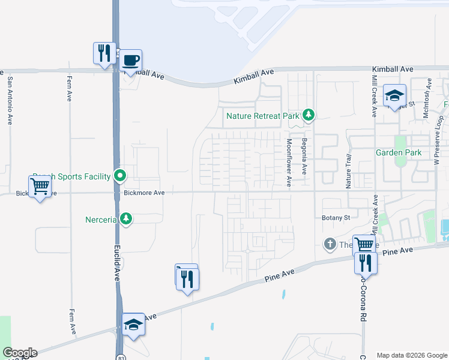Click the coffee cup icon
click(131, 60)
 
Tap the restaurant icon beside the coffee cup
click(104, 52)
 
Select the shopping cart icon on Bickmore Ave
click(40, 186)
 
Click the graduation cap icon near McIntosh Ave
click(395, 95)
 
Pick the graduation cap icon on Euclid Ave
click(133, 324)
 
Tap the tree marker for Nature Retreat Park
click(309, 115)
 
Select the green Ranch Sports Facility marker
click(120, 176)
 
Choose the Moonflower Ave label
click(289, 163)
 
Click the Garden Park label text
click(399, 152)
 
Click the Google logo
click(19, 353)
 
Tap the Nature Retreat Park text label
click(262, 115)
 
